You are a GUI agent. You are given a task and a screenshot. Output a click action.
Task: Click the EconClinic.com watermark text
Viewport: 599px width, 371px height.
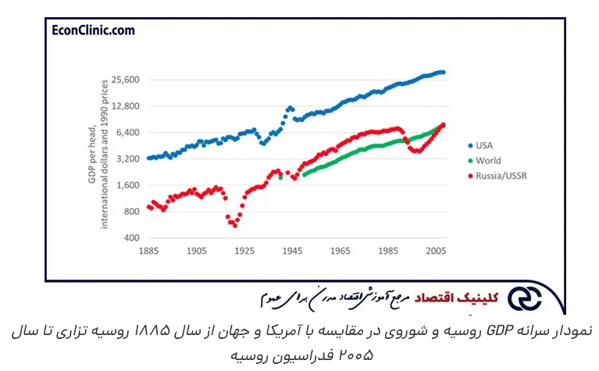[92, 30]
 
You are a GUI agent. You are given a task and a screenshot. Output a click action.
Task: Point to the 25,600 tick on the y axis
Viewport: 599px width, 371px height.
[125, 80]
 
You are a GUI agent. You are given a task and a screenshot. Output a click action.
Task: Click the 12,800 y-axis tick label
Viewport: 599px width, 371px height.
[125, 106]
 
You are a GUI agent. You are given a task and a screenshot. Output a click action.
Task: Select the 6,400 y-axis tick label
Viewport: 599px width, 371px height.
[127, 133]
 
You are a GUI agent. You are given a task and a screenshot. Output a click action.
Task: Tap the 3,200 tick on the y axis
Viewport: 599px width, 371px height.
[127, 159]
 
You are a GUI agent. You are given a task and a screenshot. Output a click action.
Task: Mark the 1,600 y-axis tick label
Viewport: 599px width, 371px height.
[127, 185]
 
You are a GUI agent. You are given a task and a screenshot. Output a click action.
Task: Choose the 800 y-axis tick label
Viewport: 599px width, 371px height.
[130, 212]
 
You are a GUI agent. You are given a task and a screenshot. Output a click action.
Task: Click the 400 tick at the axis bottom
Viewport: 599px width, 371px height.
[130, 237]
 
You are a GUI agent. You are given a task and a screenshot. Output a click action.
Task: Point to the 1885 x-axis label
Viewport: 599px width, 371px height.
[149, 251]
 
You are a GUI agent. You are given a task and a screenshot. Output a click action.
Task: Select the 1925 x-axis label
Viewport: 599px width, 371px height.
[245, 251]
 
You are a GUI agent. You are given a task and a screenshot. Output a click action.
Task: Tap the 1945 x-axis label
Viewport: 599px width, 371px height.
[293, 251]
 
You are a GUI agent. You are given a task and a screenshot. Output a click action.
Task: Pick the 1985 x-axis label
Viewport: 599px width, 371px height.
[388, 251]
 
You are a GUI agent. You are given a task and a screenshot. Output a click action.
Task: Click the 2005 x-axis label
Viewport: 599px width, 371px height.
[436, 251]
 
